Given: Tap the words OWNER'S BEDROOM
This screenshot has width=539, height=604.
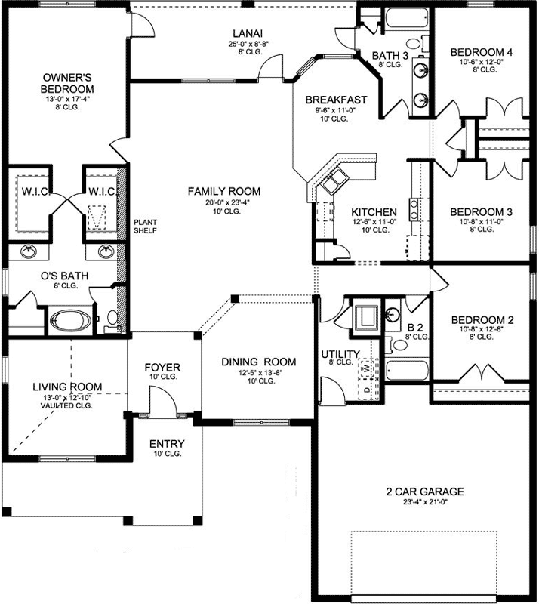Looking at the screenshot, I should point(67,82).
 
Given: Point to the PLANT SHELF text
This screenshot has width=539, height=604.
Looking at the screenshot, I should point(145,226).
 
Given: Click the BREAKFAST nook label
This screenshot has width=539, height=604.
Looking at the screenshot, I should point(336,100).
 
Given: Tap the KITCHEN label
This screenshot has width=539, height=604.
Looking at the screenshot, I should point(374,212).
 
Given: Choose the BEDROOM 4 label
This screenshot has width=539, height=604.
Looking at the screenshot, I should point(482,52).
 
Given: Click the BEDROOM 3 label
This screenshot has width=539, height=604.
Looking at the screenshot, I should point(481,212).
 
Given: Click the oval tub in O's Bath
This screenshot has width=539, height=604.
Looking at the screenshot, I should point(69,320).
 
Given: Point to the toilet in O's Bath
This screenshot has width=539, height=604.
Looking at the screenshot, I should point(111,320).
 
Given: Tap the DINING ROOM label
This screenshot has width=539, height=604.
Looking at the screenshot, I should point(258,362).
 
